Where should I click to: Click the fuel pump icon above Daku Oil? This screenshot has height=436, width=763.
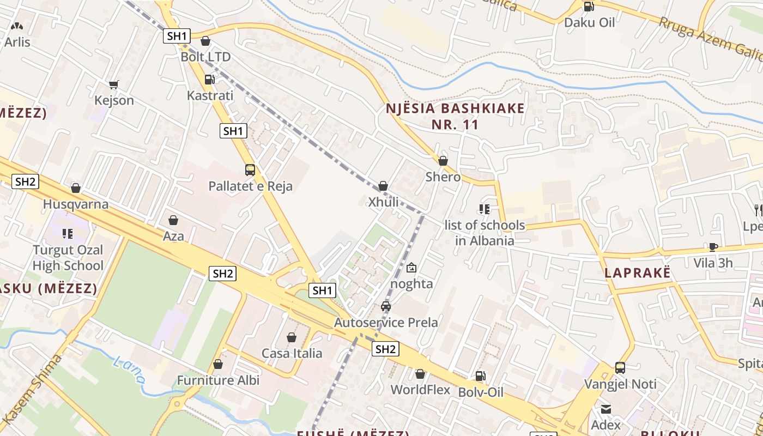589,7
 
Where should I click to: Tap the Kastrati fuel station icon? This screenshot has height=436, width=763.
209,80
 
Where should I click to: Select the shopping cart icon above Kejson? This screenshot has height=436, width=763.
113,84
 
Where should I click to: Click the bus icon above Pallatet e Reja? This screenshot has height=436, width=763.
250,170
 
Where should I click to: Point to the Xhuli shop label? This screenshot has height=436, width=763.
384,202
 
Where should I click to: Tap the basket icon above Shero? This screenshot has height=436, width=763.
443,161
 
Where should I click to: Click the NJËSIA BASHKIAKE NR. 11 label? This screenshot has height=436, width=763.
455,116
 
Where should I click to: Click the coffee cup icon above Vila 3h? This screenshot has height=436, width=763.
713,247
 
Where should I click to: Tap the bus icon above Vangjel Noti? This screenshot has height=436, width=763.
620,368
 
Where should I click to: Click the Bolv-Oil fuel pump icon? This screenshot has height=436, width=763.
480,376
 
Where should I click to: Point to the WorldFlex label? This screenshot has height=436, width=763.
420,390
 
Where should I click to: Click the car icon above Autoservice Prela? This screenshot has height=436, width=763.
386,306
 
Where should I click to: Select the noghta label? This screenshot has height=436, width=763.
411,284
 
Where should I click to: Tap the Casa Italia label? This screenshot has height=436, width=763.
292,353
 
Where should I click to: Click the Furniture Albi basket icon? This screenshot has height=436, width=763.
218,364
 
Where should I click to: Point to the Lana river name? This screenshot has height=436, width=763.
129,370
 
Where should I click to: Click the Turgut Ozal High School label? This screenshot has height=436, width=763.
68,258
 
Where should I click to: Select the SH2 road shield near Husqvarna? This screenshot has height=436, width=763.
25,181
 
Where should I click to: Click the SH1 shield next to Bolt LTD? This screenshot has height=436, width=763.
177,37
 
